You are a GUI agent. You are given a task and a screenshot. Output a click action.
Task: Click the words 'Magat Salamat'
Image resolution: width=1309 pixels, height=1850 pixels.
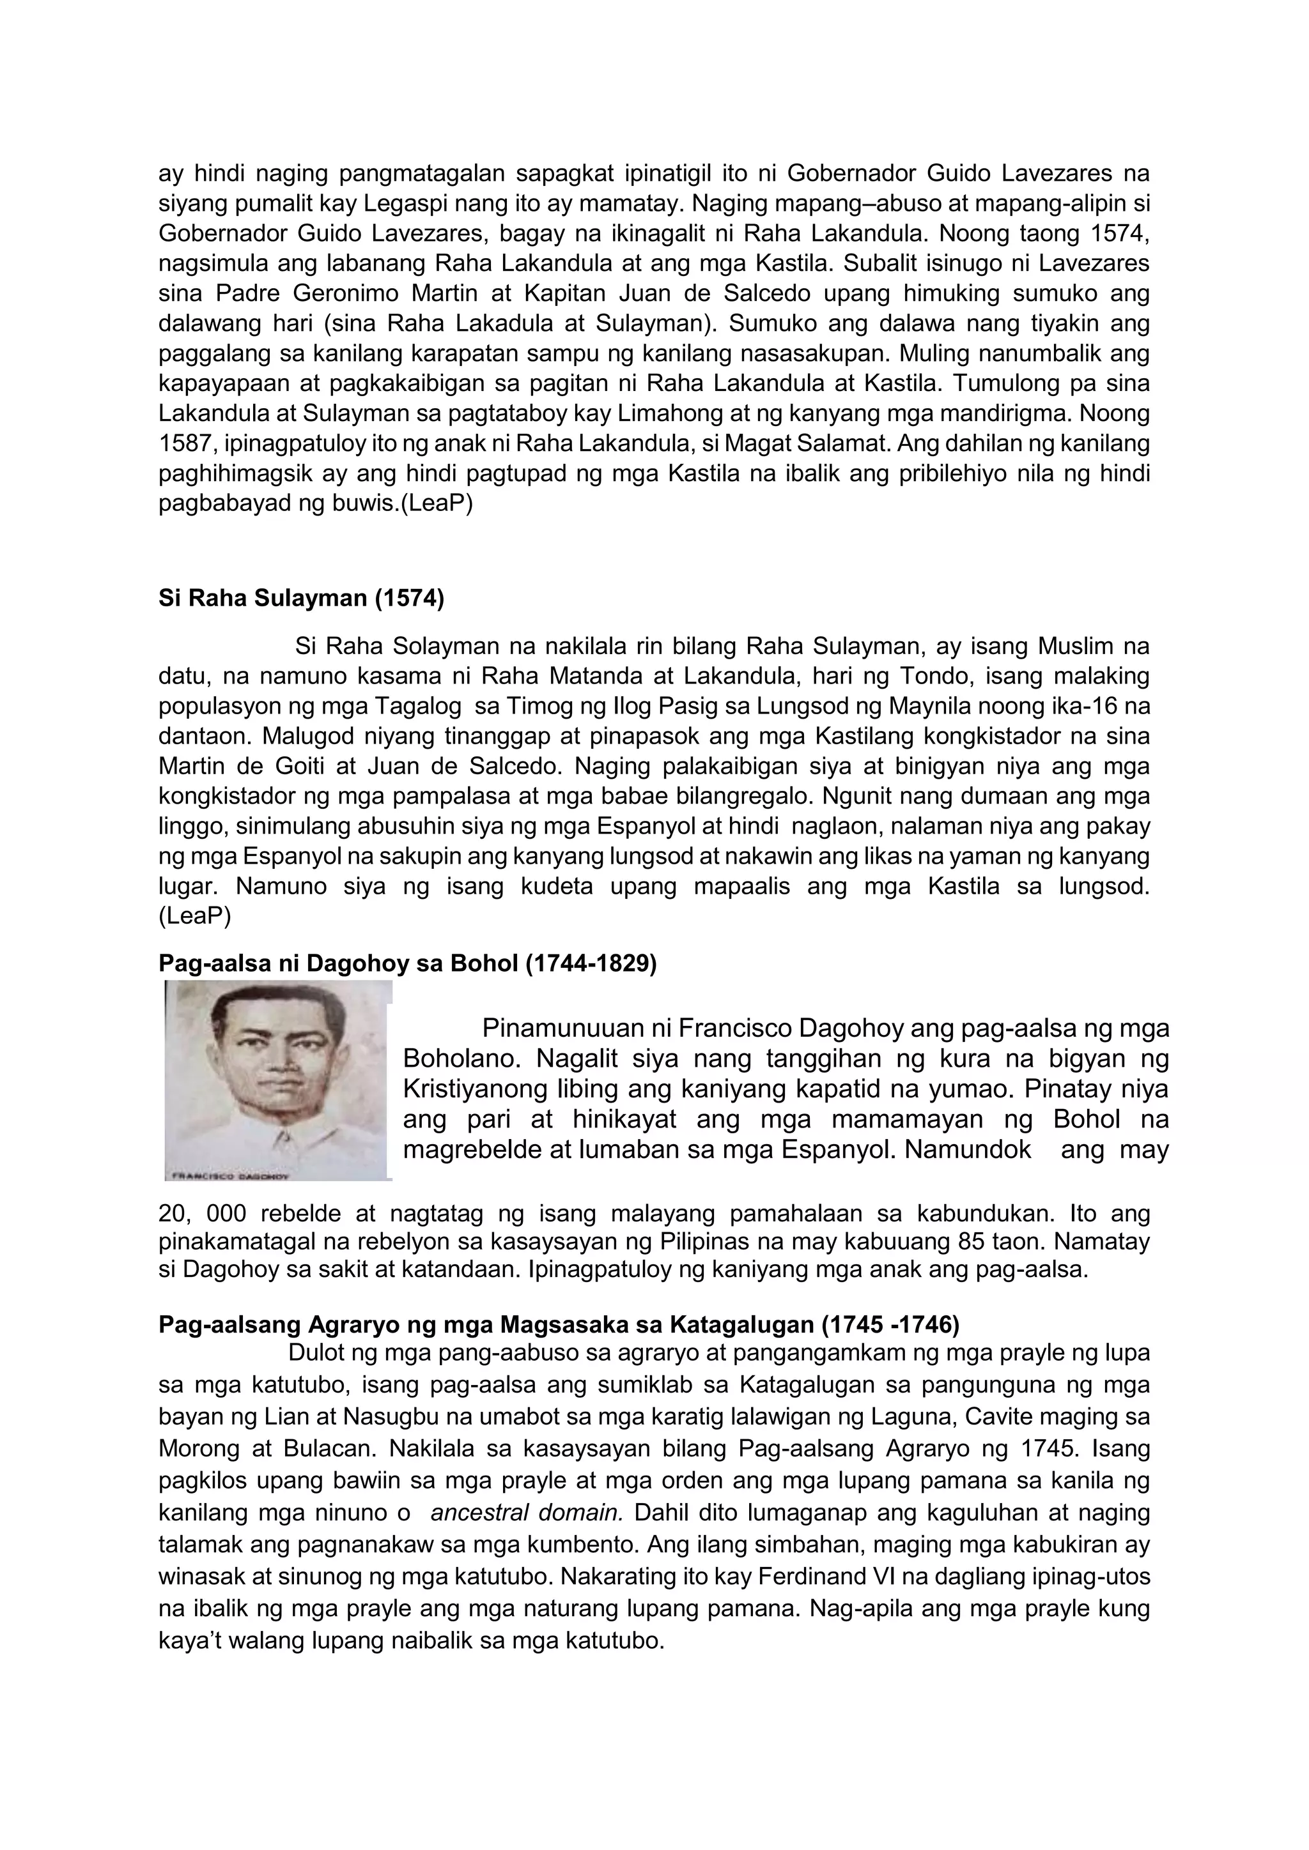pos(807,444)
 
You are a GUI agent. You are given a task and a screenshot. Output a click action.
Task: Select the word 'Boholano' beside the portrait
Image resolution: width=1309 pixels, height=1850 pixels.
pos(462,1057)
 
